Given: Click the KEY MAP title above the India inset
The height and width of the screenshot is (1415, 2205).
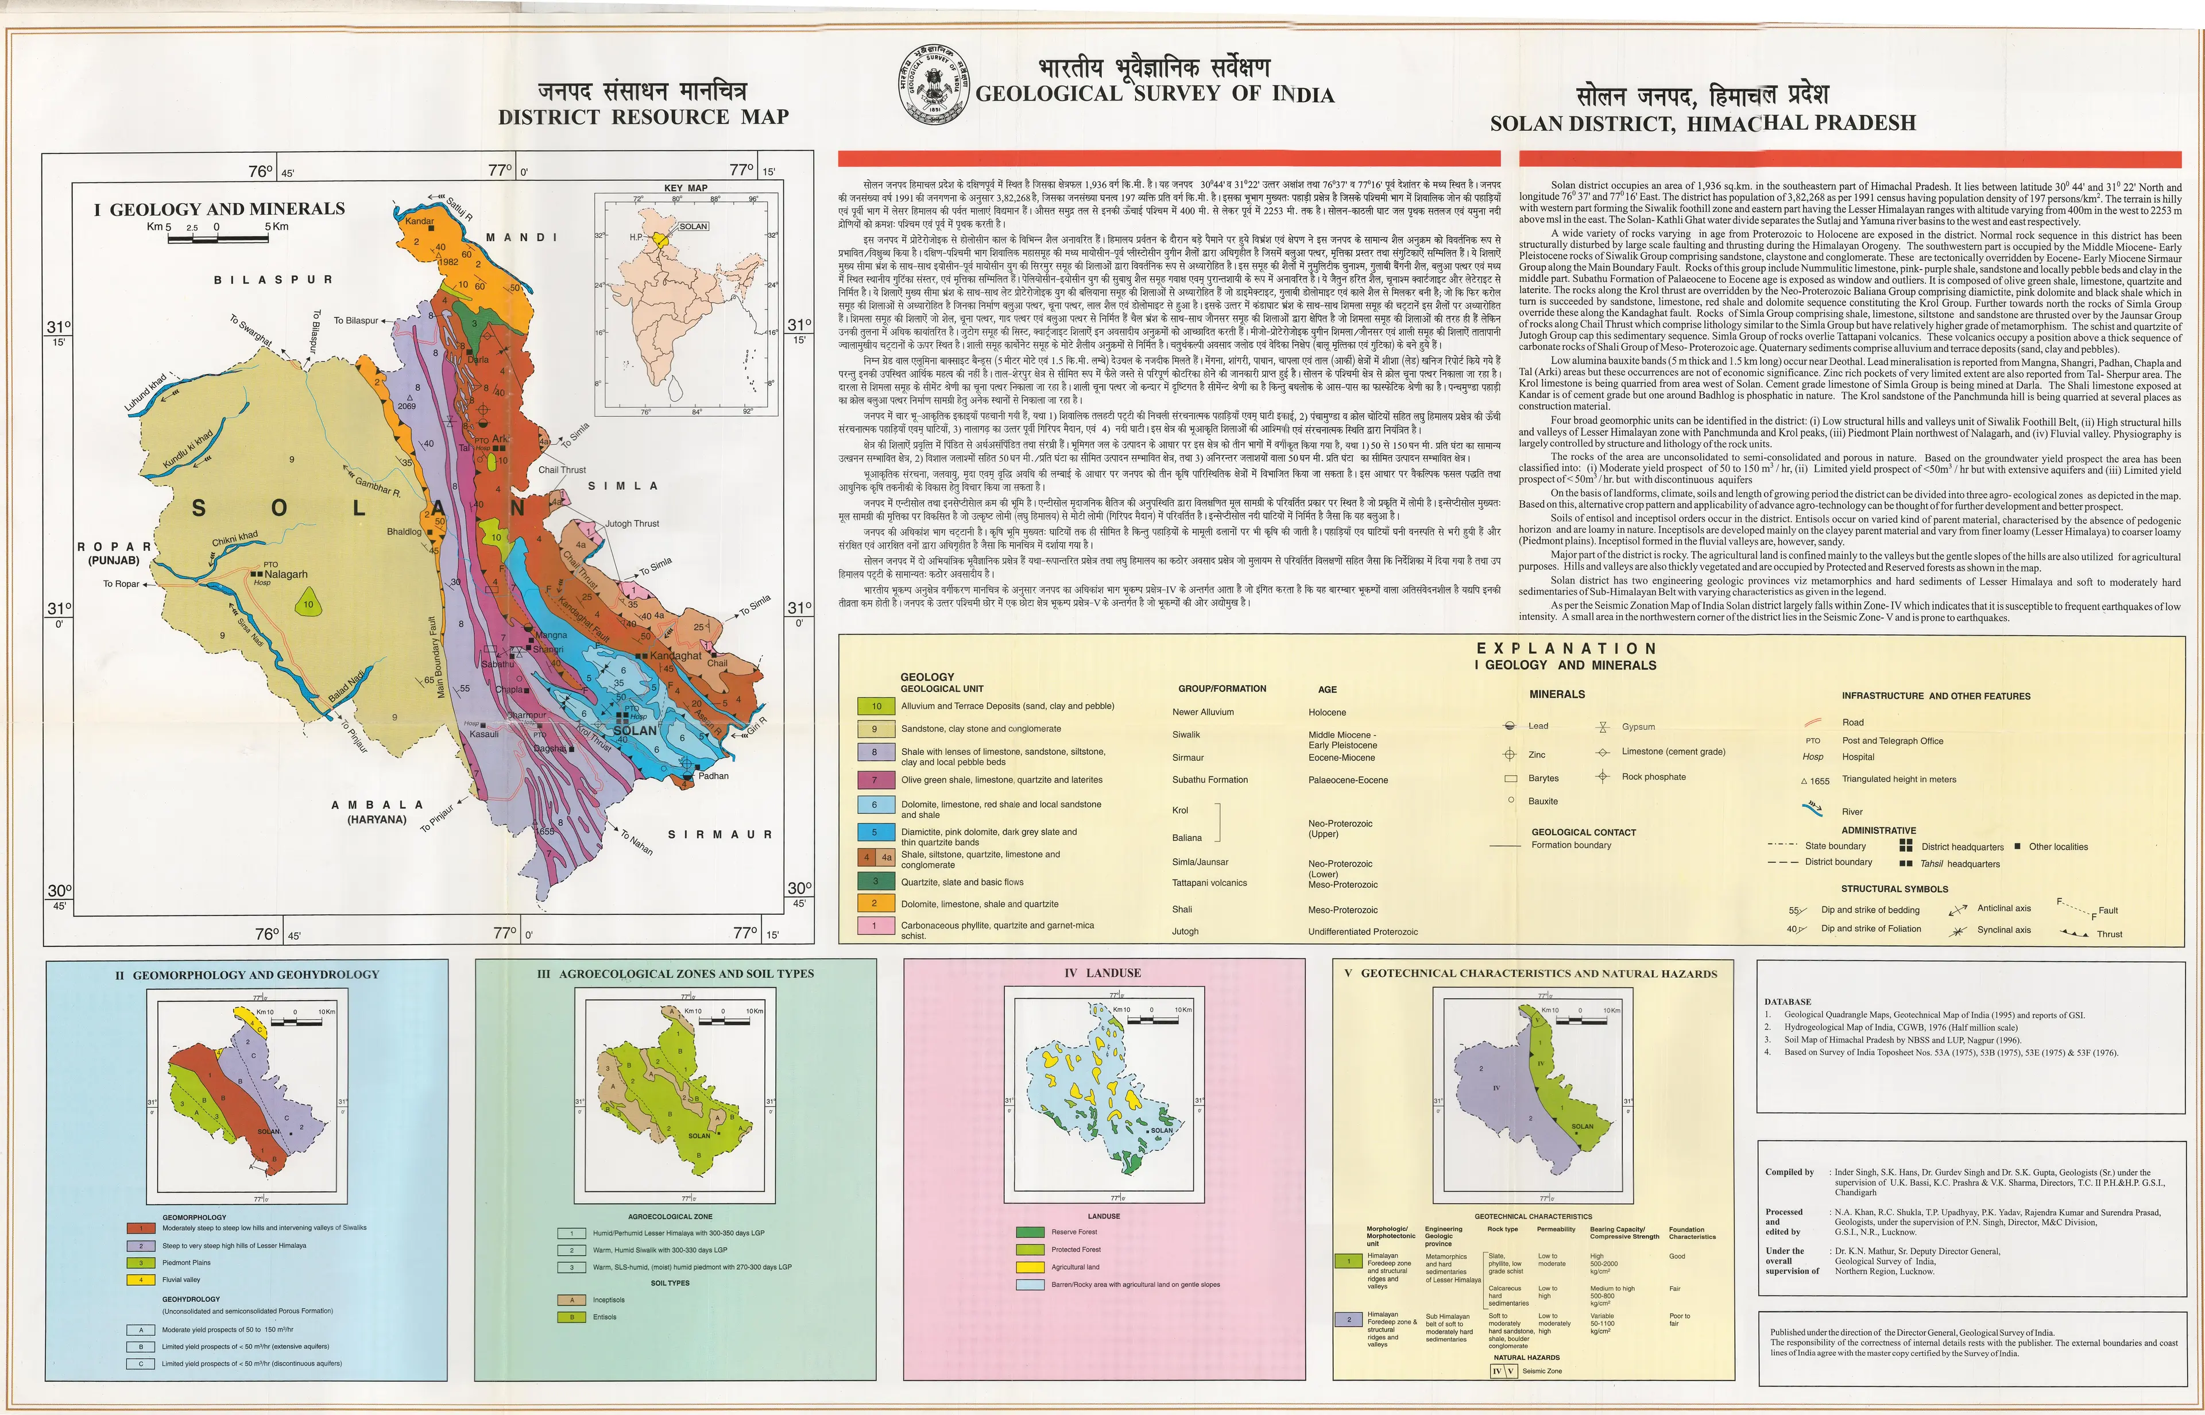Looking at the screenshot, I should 686,187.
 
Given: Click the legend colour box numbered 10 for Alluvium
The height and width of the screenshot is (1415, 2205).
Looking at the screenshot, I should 876,706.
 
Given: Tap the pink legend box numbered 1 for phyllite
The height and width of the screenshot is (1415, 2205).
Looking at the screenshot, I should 876,925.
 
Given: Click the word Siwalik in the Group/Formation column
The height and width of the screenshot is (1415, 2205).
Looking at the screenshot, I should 1186,734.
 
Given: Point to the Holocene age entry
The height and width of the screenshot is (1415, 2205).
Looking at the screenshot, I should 1326,712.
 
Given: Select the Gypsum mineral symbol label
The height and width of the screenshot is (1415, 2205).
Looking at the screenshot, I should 1638,727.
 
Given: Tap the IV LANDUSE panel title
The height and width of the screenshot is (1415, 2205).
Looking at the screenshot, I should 1101,973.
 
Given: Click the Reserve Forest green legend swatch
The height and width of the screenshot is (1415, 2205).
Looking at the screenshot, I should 1030,1231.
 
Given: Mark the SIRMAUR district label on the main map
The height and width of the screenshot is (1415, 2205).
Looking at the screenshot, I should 719,834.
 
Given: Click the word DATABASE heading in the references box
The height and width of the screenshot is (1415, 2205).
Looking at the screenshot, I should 1787,1002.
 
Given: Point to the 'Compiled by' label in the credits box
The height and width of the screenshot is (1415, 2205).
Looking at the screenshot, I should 1789,1173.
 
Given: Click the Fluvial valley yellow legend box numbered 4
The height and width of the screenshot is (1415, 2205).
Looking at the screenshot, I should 141,1279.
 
